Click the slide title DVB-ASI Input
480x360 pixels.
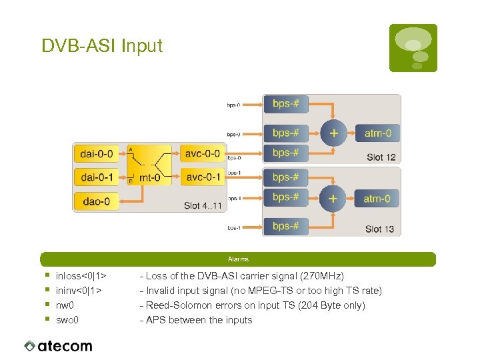point(101,46)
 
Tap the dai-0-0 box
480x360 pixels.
point(97,154)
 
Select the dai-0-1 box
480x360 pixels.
point(97,177)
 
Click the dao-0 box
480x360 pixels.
point(97,199)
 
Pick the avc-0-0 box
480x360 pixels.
point(203,154)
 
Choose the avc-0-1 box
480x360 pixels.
point(203,177)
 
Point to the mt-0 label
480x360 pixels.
point(149,178)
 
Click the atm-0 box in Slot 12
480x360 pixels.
point(377,133)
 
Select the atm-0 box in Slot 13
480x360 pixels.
point(377,198)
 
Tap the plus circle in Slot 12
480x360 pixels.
point(333,133)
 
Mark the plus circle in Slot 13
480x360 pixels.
point(333,198)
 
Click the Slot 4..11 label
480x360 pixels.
point(203,205)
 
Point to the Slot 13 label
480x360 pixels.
point(380,229)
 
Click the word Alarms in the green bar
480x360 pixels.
point(238,259)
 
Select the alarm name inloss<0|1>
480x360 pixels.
point(81,276)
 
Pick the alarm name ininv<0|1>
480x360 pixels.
point(79,291)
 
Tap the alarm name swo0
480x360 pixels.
point(67,320)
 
